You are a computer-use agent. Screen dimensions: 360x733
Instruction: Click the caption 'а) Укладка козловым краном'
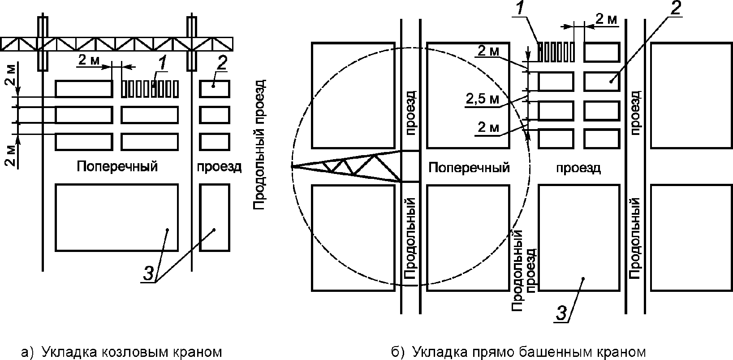point(121,351)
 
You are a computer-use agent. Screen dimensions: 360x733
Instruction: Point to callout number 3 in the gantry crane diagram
point(150,273)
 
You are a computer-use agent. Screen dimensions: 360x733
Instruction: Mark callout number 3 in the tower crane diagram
point(563,312)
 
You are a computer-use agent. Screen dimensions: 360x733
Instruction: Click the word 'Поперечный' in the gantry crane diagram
point(117,167)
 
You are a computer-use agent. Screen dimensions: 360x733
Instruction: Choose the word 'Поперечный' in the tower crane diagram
point(469,168)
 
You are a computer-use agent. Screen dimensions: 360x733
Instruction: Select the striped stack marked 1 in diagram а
point(150,88)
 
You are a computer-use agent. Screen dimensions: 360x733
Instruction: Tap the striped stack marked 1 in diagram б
point(556,52)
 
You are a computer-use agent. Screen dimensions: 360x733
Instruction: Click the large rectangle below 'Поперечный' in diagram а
point(116,217)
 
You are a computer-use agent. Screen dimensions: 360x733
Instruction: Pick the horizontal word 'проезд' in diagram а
point(220,167)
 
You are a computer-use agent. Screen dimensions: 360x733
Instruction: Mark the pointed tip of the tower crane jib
point(293,167)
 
